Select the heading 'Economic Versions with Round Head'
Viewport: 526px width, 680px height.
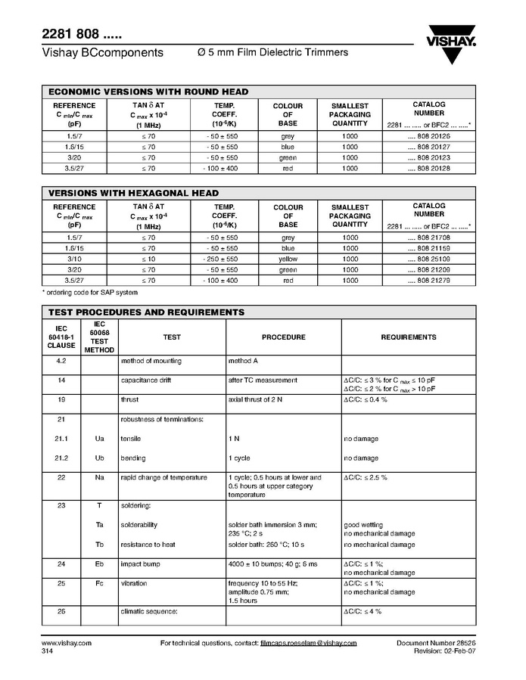[148, 92]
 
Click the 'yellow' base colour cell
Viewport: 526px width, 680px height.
[288, 259]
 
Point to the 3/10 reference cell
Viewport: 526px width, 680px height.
[74, 259]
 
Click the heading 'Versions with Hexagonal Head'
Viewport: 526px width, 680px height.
[134, 193]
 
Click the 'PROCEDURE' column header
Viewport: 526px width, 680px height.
[283, 337]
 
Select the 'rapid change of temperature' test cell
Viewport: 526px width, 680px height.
[163, 477]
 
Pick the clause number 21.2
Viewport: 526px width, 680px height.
[62, 458]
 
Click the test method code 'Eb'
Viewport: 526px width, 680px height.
[99, 564]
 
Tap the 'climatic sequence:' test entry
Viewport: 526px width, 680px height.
[149, 610]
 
